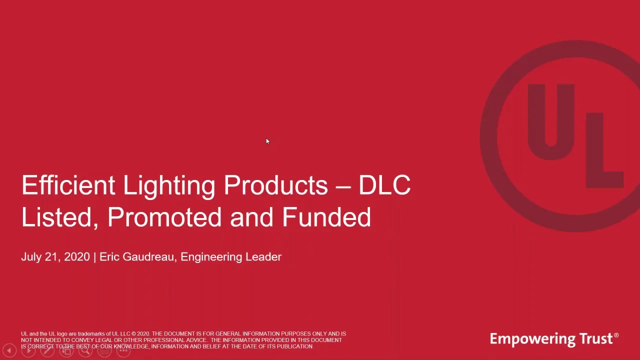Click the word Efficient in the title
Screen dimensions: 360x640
[68, 185]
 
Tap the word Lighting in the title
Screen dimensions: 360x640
[169, 185]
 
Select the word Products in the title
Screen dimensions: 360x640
[275, 185]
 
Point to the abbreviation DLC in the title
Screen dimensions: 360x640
[384, 185]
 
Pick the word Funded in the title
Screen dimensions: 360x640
[326, 217]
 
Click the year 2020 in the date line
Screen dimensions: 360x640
[77, 257]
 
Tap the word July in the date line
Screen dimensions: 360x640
[31, 257]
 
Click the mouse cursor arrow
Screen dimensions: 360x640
[267, 142]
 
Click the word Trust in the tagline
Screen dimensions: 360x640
[597, 339]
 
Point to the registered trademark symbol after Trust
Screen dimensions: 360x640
[616, 335]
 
